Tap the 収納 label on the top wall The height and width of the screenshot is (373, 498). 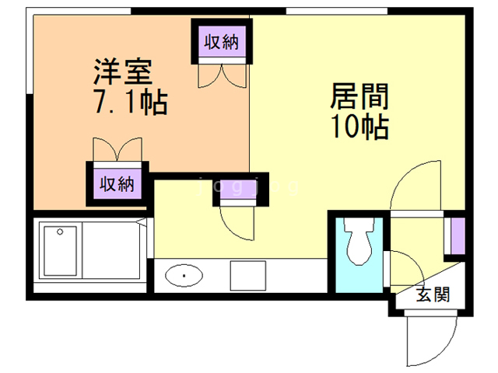220,43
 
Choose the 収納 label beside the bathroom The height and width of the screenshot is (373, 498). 117,184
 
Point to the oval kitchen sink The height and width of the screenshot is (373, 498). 184,275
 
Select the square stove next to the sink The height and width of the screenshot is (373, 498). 247,276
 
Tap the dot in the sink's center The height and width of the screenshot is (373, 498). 184,275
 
